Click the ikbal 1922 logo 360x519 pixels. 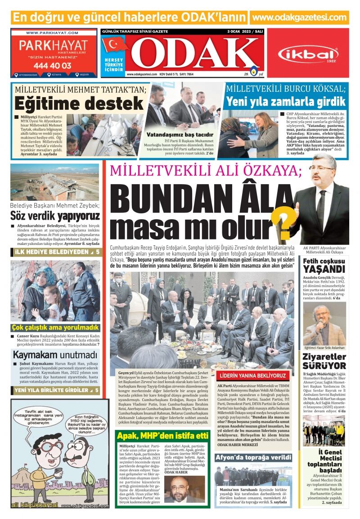click(308, 54)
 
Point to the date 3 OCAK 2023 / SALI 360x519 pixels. click(244, 32)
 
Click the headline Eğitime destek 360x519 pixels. click(79, 104)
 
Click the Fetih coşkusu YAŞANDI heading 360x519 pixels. click(324, 266)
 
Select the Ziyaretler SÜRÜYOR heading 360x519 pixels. click(324, 361)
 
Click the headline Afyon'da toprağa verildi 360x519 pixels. click(253, 458)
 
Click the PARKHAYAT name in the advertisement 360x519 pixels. click(53, 46)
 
